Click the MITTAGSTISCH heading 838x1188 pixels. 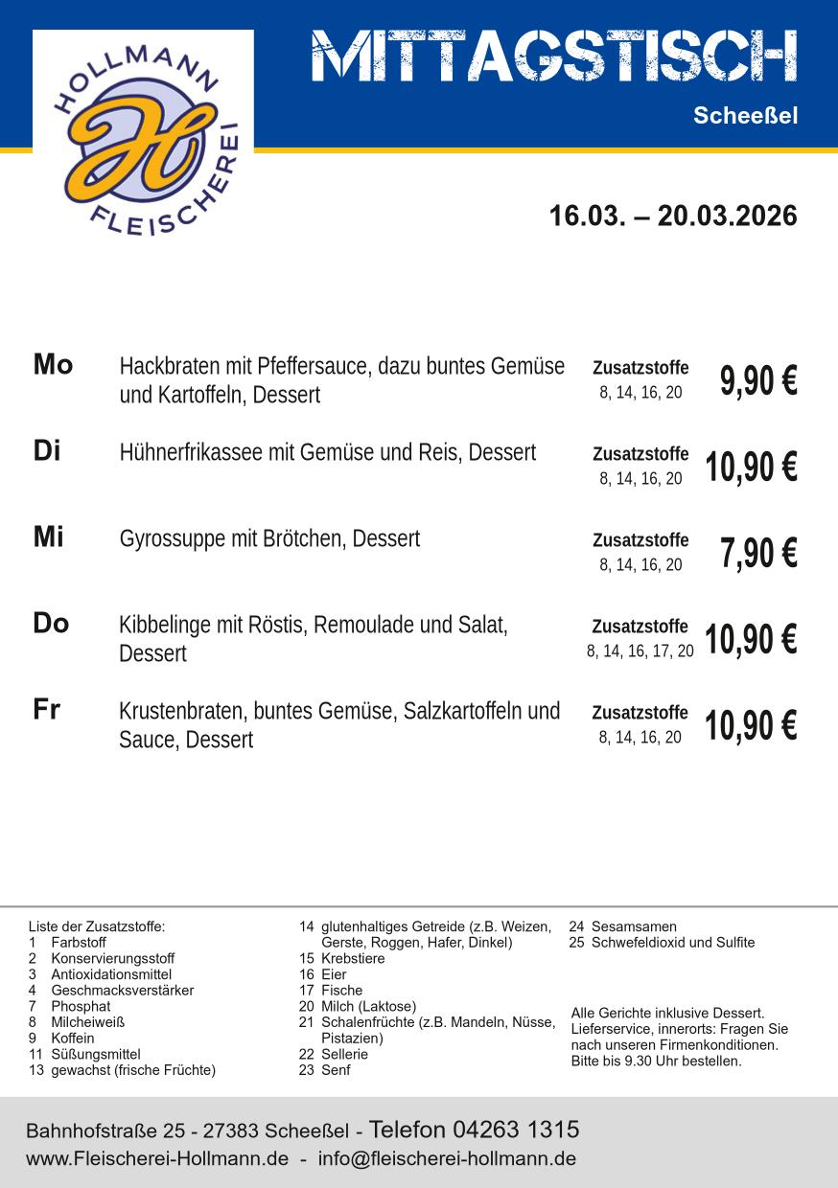[x=554, y=56]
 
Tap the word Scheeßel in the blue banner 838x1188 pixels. [x=745, y=117]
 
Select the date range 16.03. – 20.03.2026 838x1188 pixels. [x=672, y=216]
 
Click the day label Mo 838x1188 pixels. [x=53, y=365]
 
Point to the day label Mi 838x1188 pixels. [x=49, y=537]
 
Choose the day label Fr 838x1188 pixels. [x=47, y=710]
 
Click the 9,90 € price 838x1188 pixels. [x=758, y=380]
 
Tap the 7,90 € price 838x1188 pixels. [x=758, y=553]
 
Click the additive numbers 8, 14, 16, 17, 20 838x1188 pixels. [x=640, y=651]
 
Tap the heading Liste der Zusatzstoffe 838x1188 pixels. [x=97, y=926]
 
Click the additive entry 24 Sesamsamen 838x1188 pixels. [x=622, y=926]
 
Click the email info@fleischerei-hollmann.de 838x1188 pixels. [x=447, y=1158]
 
